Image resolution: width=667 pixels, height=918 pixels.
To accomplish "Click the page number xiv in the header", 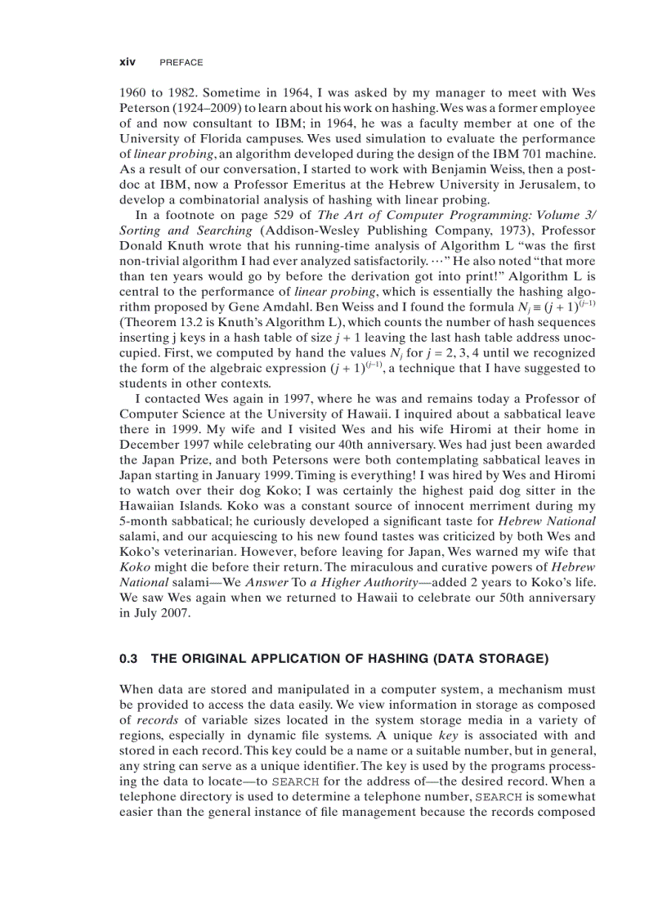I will pyautogui.click(x=127, y=62).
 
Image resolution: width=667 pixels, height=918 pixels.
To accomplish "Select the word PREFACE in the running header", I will pyautogui.click(x=181, y=62).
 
